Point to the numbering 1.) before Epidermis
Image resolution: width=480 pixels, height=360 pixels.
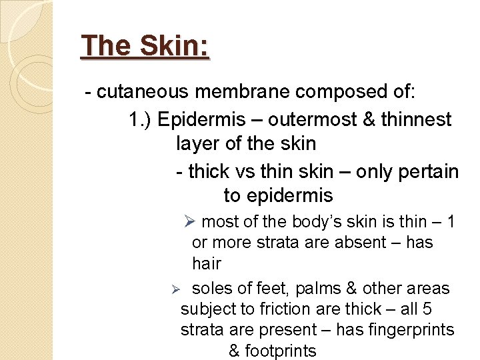(141, 119)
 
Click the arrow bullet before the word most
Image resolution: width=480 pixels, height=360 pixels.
(189, 221)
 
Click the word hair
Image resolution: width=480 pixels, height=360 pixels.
(206, 263)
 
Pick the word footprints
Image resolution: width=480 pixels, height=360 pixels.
(281, 351)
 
